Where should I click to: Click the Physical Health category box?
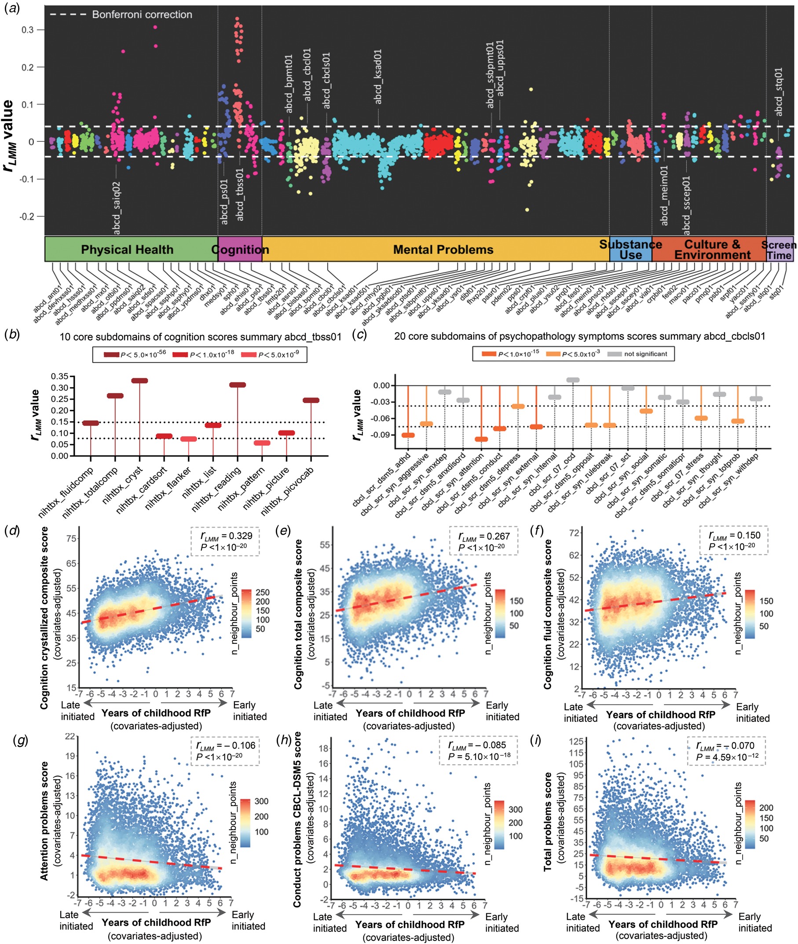coord(127,250)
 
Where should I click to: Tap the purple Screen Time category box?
coord(779,250)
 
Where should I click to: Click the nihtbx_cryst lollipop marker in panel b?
coord(139,381)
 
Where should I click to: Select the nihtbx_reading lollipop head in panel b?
coord(238,385)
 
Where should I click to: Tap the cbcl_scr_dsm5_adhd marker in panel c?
coord(408,435)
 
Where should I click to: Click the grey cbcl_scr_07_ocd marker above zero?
coord(573,380)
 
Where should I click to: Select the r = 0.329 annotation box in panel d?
coord(225,541)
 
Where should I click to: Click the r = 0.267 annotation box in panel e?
coord(483,541)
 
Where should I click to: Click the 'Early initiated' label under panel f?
coord(753,713)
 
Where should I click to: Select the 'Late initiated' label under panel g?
coord(76,921)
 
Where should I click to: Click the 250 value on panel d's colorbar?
coord(262,592)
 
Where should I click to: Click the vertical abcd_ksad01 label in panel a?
coord(378,77)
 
